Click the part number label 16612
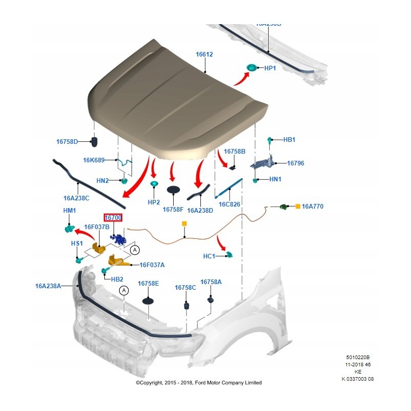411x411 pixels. (204, 54)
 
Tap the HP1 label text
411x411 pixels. (270, 68)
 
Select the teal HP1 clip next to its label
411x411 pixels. (252, 67)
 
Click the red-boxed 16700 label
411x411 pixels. (113, 218)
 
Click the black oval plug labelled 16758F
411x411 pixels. (175, 190)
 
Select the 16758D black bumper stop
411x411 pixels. (95, 141)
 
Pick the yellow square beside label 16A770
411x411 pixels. (297, 206)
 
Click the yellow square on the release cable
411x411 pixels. (184, 224)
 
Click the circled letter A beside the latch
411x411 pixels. (135, 250)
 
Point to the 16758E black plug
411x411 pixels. (148, 300)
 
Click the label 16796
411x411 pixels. (295, 163)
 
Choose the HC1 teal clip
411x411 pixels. (230, 254)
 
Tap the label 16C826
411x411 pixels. (230, 204)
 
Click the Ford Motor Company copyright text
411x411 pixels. (198, 383)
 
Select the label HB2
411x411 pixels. (117, 278)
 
